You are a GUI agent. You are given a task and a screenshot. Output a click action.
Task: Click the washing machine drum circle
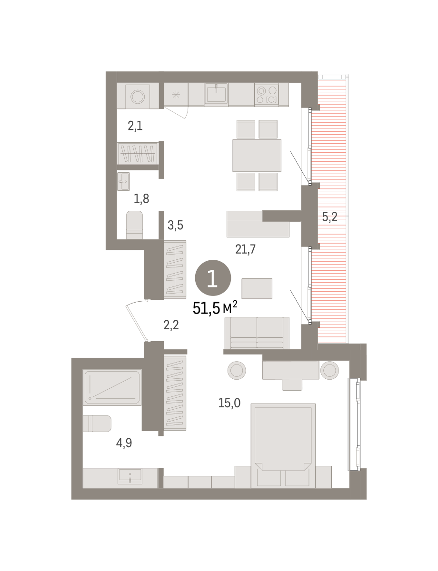tap(138, 97)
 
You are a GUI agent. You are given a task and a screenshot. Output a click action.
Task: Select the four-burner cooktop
tap(266, 95)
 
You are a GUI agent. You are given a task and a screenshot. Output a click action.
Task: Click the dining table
tap(257, 155)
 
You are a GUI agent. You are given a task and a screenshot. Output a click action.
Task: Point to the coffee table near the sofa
tap(257, 288)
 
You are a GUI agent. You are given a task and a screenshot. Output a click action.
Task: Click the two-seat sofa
tap(257, 333)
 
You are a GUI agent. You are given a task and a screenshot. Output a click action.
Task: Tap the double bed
tap(283, 446)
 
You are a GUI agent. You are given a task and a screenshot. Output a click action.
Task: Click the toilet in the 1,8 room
tap(134, 225)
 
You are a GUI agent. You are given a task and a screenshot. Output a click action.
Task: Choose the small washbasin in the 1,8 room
tap(123, 181)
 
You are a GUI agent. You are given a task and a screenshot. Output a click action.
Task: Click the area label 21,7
tap(245, 249)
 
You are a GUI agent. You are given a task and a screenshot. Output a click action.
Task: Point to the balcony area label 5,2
tap(329, 217)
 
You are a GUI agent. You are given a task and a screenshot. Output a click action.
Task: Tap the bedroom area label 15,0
tap(229, 403)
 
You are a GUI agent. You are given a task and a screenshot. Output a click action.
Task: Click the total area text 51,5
tap(206, 308)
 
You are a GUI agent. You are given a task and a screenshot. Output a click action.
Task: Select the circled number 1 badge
tap(213, 278)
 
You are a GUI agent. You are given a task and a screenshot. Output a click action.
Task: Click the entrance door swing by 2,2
tap(136, 321)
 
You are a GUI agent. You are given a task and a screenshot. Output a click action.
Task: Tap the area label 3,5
tap(175, 225)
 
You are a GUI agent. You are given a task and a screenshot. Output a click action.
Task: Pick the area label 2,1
tap(135, 126)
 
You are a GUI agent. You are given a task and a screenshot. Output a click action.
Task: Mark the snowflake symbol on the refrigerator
tap(176, 95)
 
